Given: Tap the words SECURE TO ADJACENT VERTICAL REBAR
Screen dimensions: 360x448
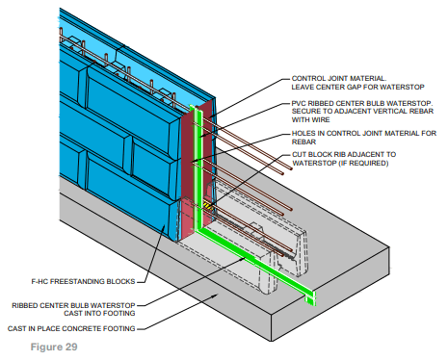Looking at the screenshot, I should coord(357,113).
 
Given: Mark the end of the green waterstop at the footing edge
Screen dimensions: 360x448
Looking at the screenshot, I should coord(310,296).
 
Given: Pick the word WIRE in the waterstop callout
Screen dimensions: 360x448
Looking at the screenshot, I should coord(301,121).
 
